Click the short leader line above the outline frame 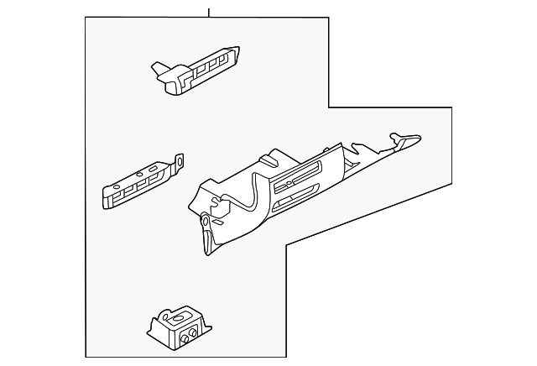pyautogui.click(x=209, y=10)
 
